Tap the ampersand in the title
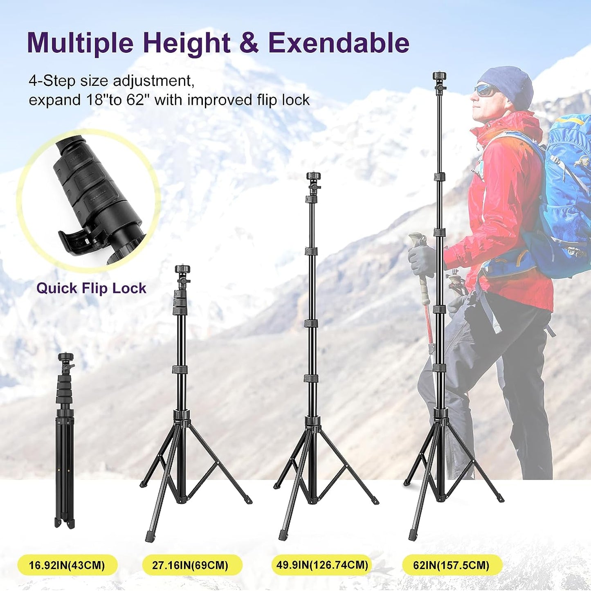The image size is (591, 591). point(249,43)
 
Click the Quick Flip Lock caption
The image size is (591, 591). point(91,289)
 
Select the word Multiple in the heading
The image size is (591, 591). point(80,43)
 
